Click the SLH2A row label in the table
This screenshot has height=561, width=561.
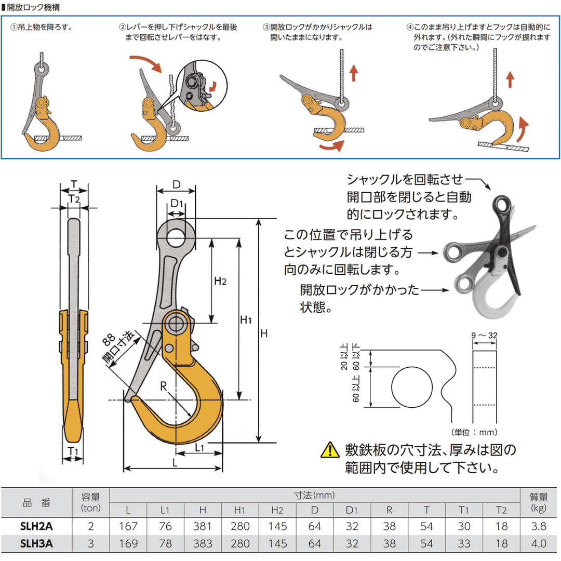[36, 526]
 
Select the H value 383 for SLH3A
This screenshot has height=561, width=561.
[202, 544]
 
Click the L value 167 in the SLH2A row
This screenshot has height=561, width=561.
[128, 526]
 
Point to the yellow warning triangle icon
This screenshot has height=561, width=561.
[330, 449]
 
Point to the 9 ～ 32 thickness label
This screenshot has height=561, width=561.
[485, 336]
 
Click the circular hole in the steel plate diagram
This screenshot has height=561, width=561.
[412, 388]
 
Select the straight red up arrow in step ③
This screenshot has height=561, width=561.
[354, 72]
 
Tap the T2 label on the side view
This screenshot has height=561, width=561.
[74, 198]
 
